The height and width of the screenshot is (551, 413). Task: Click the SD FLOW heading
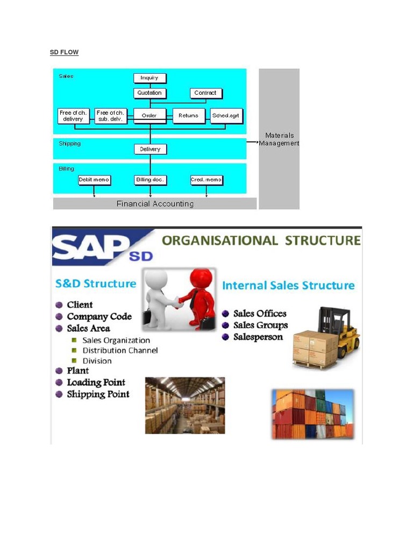tap(64, 52)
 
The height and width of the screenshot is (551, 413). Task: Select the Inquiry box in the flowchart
tap(149, 78)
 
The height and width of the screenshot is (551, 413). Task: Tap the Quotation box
tap(149, 93)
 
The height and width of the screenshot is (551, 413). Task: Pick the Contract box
tap(205, 93)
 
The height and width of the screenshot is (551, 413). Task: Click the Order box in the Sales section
tap(149, 116)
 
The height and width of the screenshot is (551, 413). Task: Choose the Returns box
tap(188, 116)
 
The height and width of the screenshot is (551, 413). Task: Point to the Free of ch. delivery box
tap(73, 116)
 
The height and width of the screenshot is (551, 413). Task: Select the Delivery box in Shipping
tap(150, 149)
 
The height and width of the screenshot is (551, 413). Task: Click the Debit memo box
tap(94, 180)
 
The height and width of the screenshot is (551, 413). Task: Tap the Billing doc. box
tap(150, 180)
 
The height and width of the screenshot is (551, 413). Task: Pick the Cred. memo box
tap(206, 180)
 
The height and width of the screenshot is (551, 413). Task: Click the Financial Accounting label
tap(155, 204)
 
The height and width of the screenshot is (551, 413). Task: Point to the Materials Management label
tap(279, 139)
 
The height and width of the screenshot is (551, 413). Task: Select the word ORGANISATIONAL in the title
tap(219, 240)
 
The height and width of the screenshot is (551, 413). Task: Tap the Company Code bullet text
tap(99, 316)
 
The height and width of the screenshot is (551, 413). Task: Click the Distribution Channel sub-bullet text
tap(120, 350)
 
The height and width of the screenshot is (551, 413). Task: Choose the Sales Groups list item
tap(260, 325)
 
